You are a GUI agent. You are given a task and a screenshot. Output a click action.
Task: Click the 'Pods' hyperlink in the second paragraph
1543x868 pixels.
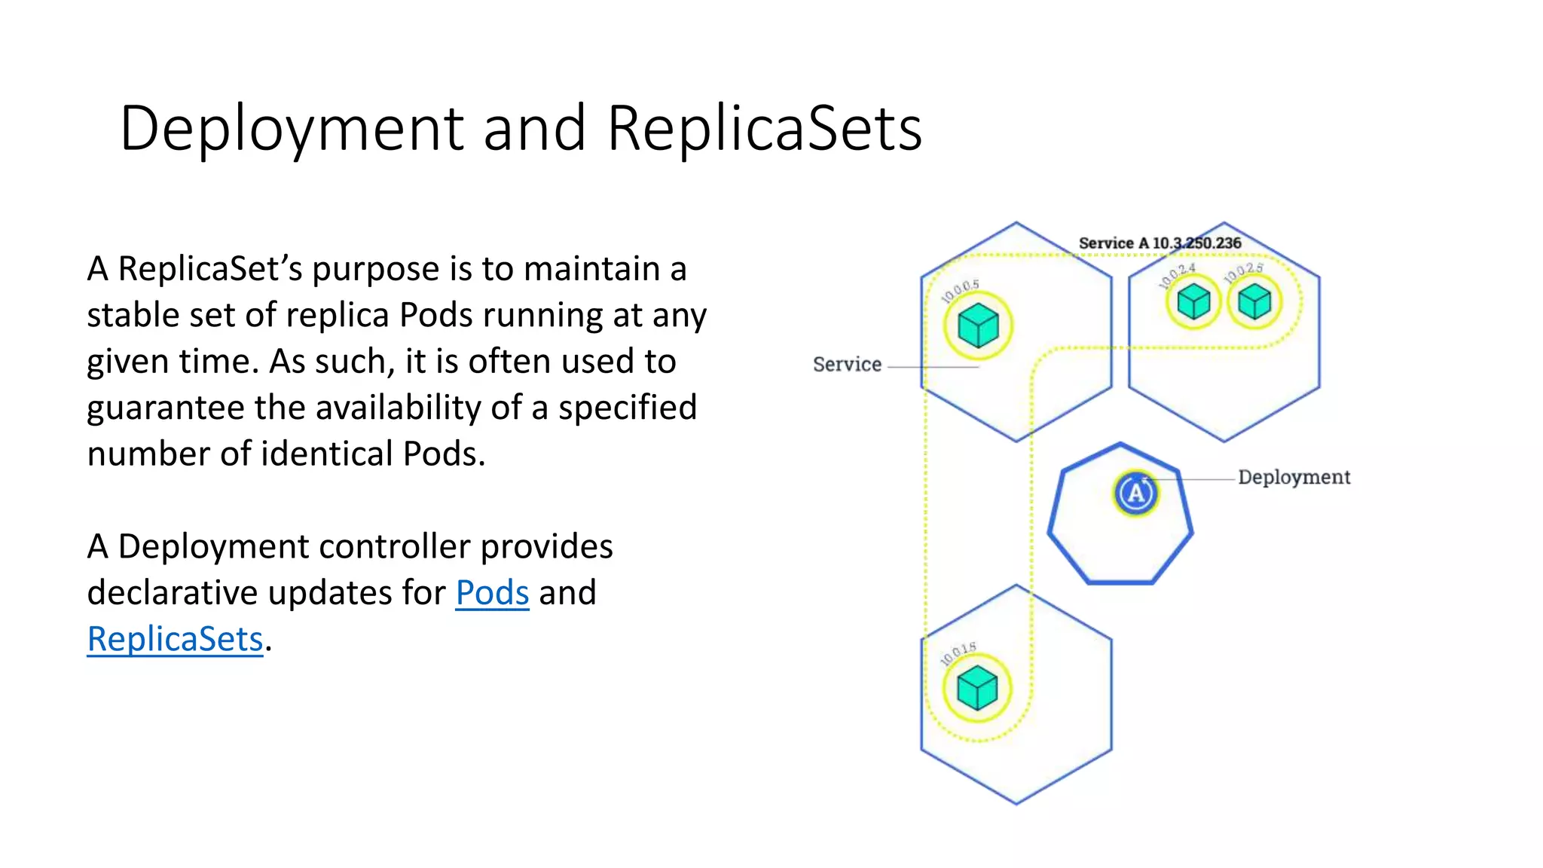[x=492, y=593]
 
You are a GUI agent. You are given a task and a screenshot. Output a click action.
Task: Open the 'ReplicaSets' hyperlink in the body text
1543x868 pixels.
[x=175, y=640]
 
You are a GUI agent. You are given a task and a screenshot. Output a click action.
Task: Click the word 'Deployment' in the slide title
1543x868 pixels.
[x=292, y=128]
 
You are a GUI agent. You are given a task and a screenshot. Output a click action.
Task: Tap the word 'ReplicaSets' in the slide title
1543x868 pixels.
[x=764, y=128]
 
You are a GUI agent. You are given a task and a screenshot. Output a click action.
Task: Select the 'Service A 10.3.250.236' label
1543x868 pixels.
[x=1160, y=243]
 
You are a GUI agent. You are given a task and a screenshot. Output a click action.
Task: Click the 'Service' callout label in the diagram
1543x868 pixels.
[x=847, y=365]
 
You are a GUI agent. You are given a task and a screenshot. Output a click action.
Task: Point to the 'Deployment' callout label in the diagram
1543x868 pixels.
[x=1294, y=478]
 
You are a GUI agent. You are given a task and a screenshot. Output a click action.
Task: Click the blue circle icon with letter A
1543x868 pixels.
[x=1135, y=494]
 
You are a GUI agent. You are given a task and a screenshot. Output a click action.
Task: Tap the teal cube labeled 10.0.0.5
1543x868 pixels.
[x=978, y=325]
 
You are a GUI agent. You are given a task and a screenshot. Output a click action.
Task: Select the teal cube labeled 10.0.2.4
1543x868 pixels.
[x=1193, y=302]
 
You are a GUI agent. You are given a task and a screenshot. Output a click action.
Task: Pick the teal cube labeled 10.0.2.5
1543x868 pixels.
[x=1254, y=302]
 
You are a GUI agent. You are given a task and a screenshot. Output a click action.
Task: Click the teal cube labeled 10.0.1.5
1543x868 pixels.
[x=977, y=688]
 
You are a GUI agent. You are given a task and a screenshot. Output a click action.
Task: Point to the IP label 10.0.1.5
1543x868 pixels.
[x=958, y=654]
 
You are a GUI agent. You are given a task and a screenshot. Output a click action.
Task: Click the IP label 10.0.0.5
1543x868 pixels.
[x=960, y=291]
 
